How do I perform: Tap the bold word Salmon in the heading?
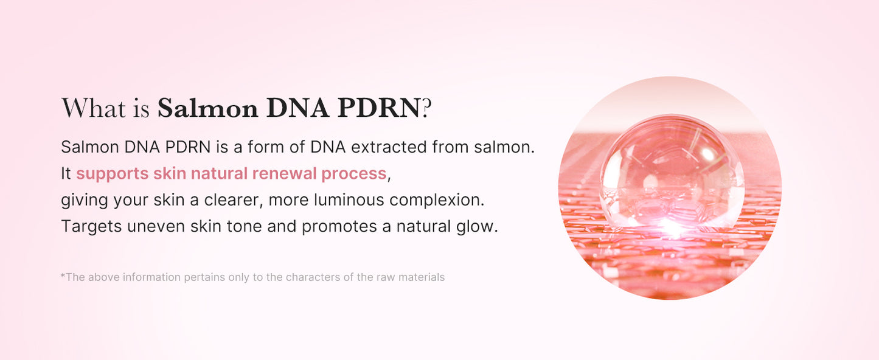(x=207, y=109)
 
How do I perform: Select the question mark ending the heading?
(x=426, y=109)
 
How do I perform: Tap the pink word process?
(x=354, y=174)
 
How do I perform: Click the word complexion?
(x=436, y=200)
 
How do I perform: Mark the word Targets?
(x=91, y=227)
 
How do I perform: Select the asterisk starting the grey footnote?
(x=63, y=276)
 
